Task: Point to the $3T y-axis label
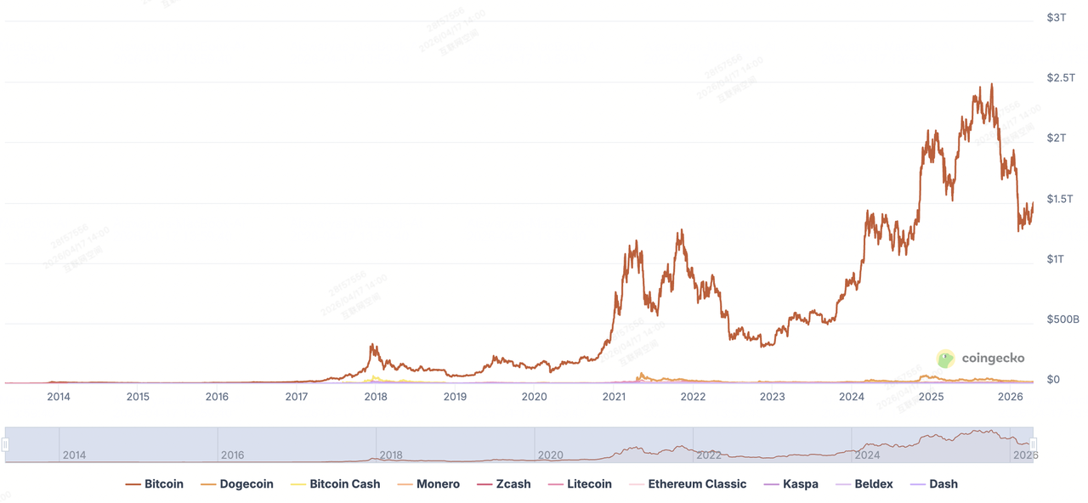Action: (1056, 18)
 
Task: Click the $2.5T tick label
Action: (1061, 78)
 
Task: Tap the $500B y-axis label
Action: (1062, 319)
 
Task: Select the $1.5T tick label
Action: (1061, 199)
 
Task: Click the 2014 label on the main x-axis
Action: (59, 397)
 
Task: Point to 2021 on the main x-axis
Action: (614, 397)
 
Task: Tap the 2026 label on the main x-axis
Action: (1010, 397)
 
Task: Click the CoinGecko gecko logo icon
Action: (945, 359)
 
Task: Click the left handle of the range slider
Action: (5, 444)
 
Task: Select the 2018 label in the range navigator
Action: (391, 455)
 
